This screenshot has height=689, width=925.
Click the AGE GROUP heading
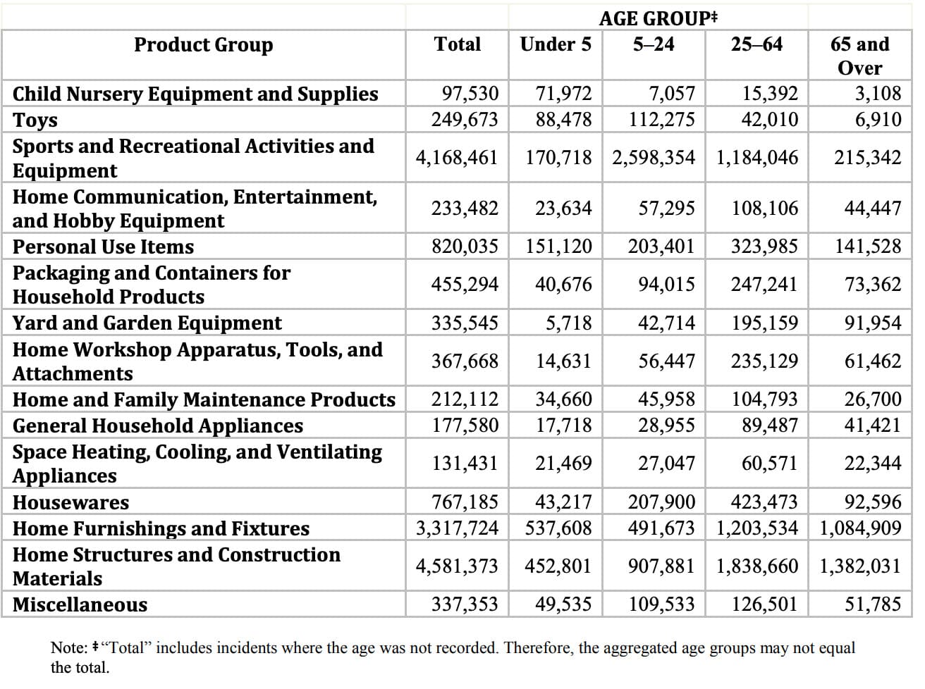pyautogui.click(x=658, y=18)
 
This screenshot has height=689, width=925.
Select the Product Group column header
pyautogui.click(x=204, y=45)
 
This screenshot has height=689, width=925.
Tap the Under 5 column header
pyautogui.click(x=556, y=44)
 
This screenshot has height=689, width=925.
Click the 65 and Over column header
pyautogui.click(x=859, y=56)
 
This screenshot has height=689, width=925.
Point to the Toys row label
pyautogui.click(x=35, y=120)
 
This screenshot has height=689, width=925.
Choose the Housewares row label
pyautogui.click(x=71, y=502)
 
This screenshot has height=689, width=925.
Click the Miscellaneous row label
pyautogui.click(x=80, y=605)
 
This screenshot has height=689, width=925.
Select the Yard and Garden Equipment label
pyautogui.click(x=147, y=323)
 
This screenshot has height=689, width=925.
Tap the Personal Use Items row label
pyautogui.click(x=103, y=247)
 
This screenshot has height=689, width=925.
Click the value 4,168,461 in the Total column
pyautogui.click(x=457, y=158)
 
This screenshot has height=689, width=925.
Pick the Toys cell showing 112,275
pyautogui.click(x=661, y=120)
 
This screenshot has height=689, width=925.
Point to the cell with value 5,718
pyautogui.click(x=569, y=323)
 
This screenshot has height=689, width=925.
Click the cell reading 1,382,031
pyautogui.click(x=860, y=566)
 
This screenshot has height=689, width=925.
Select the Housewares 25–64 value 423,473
pyautogui.click(x=764, y=502)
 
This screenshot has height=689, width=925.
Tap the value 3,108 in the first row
pyautogui.click(x=878, y=94)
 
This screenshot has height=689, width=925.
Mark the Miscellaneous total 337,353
pyautogui.click(x=465, y=604)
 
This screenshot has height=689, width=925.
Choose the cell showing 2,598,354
pyautogui.click(x=653, y=158)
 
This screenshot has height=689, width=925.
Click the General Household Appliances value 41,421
pyautogui.click(x=873, y=426)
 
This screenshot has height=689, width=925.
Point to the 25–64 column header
pyautogui.click(x=756, y=44)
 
